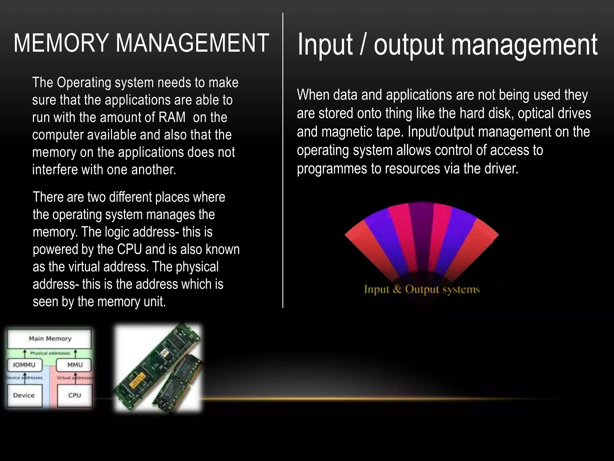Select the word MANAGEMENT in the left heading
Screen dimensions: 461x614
pos(192,43)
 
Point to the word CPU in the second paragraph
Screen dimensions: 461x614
pos(130,249)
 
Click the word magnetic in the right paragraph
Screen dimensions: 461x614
pos(347,132)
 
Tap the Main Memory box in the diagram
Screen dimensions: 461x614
pos(49,339)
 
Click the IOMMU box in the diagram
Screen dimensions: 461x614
pos(24,365)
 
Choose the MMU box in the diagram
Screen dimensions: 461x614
pos(75,365)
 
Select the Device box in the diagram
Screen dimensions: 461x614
pos(24,395)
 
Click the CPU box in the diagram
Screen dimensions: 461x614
pos(75,395)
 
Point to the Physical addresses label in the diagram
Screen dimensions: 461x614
pos(50,353)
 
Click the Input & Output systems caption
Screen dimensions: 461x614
pos(422,289)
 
